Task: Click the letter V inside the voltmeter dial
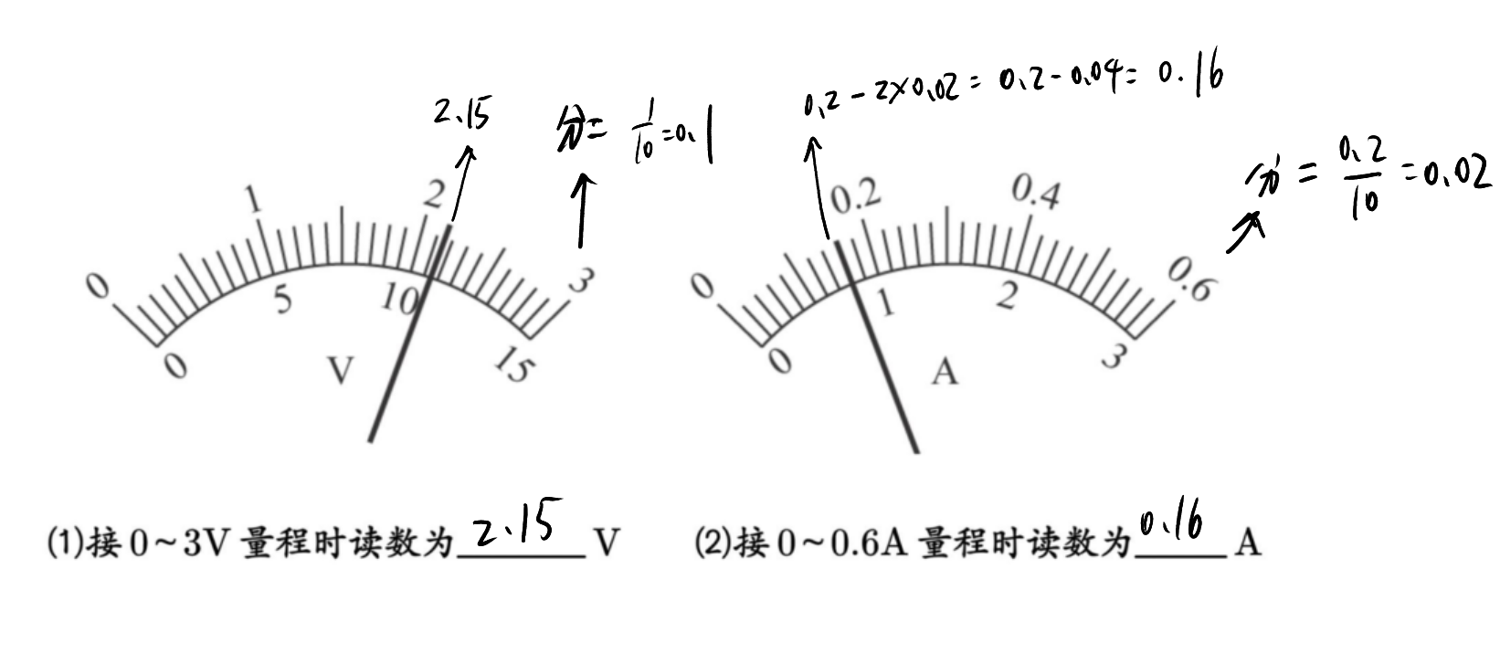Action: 340,370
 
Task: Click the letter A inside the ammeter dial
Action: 945,373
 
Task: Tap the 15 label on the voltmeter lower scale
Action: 514,364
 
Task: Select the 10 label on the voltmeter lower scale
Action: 400,299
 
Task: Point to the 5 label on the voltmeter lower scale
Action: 283,300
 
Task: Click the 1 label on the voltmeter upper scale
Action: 254,199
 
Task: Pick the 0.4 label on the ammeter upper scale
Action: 1036,193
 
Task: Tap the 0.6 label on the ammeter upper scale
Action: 1191,279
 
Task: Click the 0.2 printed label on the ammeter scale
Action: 857,197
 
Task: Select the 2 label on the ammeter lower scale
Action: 1007,295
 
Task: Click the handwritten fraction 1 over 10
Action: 644,131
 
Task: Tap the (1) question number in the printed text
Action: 65,543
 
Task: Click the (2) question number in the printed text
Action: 713,543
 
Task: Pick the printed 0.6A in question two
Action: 869,543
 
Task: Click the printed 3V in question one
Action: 207,543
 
